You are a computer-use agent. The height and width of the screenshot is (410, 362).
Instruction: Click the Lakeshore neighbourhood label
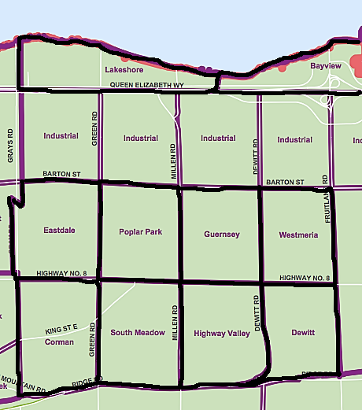(123, 69)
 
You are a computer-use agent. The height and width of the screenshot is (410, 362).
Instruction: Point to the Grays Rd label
(11, 145)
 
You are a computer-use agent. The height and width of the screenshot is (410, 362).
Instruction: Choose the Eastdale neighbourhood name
(60, 231)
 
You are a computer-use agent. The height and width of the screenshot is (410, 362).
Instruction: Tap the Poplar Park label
(140, 232)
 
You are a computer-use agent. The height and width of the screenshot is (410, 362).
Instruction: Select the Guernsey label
(221, 234)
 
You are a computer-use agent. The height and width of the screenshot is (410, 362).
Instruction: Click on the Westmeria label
(298, 235)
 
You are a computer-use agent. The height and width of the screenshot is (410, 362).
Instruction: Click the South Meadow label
(138, 333)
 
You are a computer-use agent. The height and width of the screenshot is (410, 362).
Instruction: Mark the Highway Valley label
(221, 334)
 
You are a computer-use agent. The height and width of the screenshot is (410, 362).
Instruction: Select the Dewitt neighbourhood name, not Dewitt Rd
(302, 333)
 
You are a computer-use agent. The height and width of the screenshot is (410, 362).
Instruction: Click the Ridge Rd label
(87, 381)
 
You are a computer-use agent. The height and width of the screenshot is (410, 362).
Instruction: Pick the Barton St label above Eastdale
(57, 175)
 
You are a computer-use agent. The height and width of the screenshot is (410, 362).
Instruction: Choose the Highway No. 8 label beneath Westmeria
(304, 279)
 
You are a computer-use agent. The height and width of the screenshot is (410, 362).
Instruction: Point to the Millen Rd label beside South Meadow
(174, 323)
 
